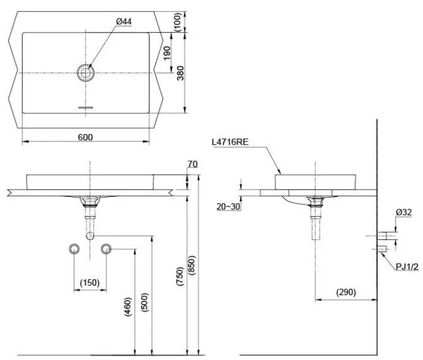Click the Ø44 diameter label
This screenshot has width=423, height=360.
click(x=124, y=22)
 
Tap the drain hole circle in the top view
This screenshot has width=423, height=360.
click(x=87, y=73)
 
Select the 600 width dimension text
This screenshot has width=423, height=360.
click(x=85, y=137)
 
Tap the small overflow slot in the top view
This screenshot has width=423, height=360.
click(x=85, y=107)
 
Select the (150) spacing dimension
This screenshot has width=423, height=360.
click(x=90, y=282)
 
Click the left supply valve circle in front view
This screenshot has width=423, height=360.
click(x=74, y=249)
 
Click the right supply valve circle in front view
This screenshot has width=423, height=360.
click(x=106, y=249)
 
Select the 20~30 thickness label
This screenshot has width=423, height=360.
click(x=228, y=207)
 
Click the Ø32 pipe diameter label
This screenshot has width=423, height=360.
click(x=403, y=212)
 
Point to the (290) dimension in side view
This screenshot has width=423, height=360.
click(x=346, y=292)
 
